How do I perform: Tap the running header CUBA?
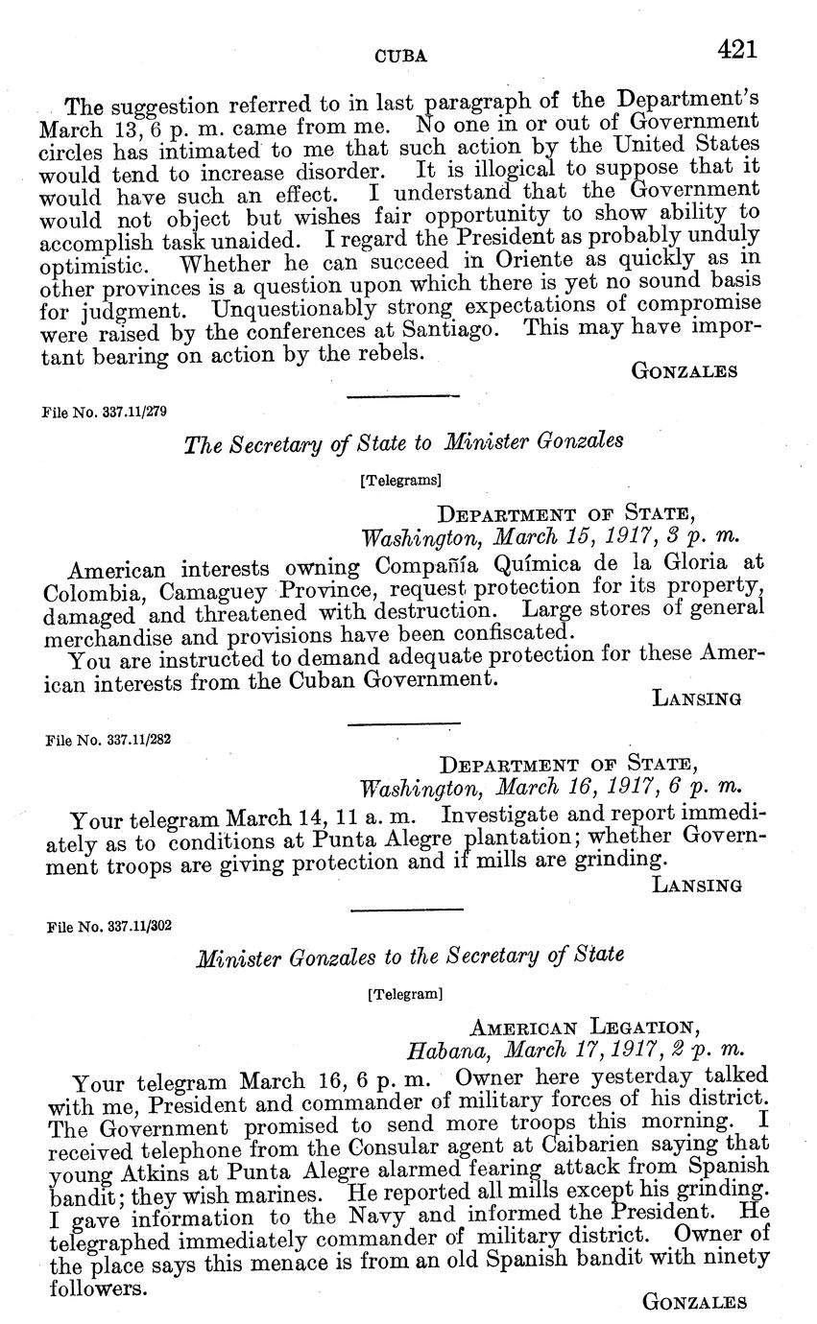click(x=399, y=57)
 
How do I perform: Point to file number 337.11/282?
click(x=108, y=741)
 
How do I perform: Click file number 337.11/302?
click(x=108, y=927)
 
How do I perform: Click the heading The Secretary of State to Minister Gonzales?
click(x=403, y=443)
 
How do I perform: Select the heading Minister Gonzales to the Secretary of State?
click(x=410, y=957)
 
